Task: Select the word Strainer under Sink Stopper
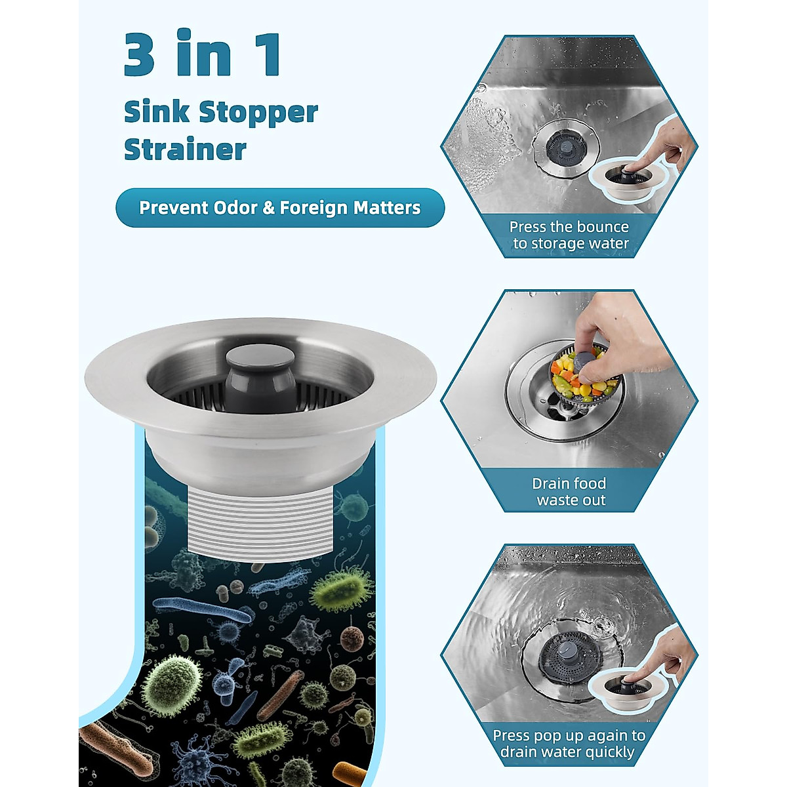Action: click(185, 150)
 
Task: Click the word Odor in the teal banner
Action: click(234, 208)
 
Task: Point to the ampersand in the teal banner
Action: click(269, 208)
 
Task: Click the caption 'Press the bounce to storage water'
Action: click(569, 235)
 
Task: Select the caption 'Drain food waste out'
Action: click(569, 491)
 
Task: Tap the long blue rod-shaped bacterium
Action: click(203, 610)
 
